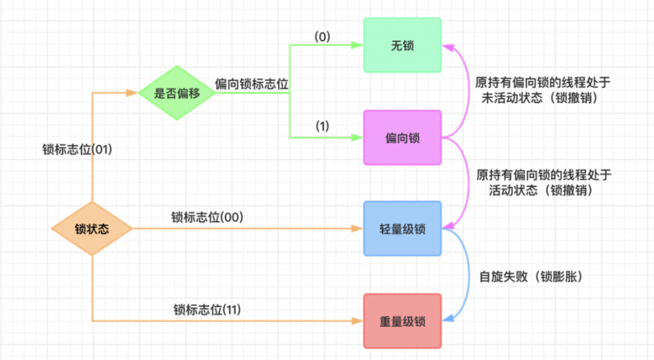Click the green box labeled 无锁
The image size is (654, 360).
coord(402,45)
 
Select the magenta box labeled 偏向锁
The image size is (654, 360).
coord(402,138)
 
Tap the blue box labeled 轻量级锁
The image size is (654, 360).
coord(402,229)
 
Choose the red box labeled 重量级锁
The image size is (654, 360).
coord(402,321)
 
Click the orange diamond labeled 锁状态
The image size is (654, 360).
coord(92,229)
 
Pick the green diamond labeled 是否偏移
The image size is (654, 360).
coord(176,93)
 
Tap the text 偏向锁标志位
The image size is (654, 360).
coord(252,84)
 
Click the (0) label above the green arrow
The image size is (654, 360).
coord(322,37)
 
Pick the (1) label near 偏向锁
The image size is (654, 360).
coord(322,126)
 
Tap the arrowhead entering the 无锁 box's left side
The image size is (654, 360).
coord(358,45)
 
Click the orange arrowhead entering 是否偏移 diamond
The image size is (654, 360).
coord(133,93)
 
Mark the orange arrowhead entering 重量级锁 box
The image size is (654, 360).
coord(358,321)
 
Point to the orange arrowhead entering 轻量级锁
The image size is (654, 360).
coord(358,229)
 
